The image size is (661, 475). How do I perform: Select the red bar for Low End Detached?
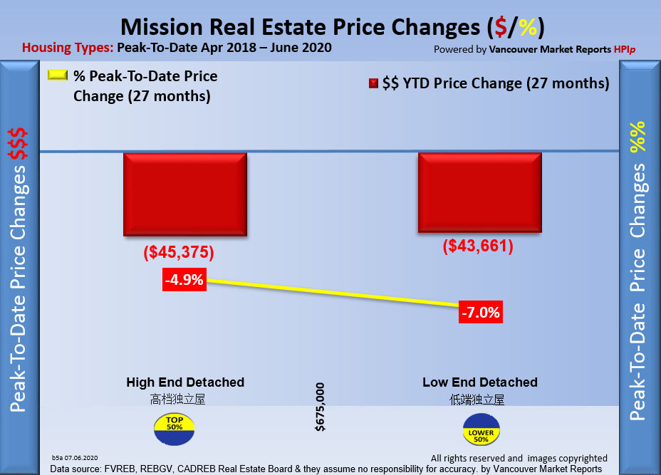tap(479, 192)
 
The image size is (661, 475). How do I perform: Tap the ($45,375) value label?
tap(179, 253)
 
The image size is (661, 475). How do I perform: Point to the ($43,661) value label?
tap(478, 246)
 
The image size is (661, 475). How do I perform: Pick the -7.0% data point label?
tap(481, 312)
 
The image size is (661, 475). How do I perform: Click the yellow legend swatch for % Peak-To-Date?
tap(58, 75)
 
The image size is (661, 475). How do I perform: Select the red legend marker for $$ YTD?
tap(373, 84)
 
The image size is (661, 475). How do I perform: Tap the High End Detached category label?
tap(185, 382)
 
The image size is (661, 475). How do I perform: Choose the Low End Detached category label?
tap(480, 382)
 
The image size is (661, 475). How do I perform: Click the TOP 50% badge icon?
tap(174, 427)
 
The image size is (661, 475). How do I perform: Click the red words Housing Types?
tap(67, 48)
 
